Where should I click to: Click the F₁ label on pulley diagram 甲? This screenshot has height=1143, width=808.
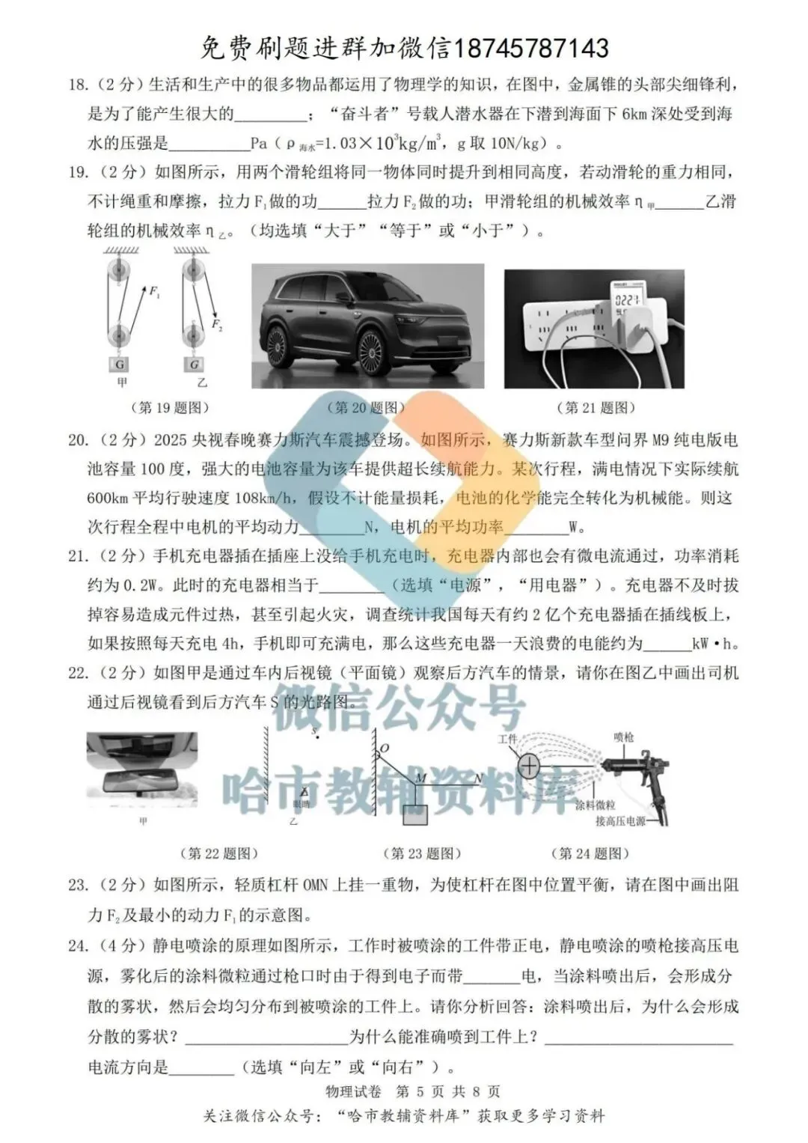(x=155, y=292)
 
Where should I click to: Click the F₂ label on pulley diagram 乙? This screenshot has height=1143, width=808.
(x=217, y=324)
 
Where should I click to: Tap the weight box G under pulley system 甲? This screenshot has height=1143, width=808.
(x=120, y=365)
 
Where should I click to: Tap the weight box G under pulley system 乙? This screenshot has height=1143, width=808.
(x=195, y=365)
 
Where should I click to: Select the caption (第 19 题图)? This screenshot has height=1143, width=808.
(x=170, y=408)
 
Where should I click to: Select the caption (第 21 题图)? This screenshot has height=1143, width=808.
(x=596, y=408)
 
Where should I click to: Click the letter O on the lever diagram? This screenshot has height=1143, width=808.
(x=385, y=748)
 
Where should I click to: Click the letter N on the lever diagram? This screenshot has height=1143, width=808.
(x=477, y=779)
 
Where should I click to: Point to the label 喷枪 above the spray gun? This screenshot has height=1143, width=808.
(x=623, y=738)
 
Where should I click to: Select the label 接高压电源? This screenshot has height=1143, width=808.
(x=620, y=821)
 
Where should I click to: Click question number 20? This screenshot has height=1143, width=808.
(x=77, y=440)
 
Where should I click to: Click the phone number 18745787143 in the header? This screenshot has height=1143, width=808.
(x=531, y=49)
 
